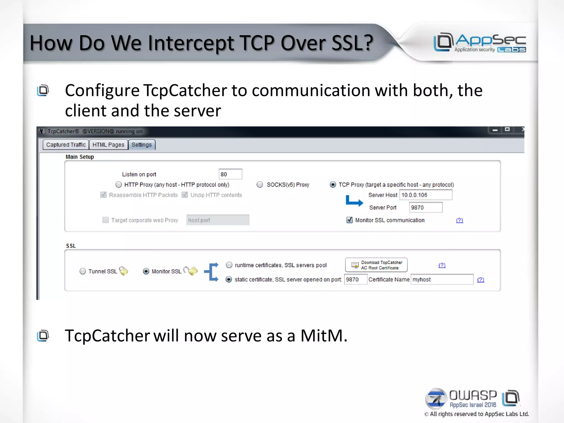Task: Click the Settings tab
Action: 142,145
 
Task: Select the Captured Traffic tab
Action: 66,145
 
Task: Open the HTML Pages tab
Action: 108,145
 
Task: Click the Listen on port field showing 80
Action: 230,174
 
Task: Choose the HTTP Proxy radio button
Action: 119,185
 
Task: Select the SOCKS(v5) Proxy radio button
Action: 260,185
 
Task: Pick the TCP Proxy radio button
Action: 333,185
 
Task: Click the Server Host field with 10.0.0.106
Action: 425,195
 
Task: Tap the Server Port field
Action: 425,208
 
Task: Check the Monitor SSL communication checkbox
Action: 349,220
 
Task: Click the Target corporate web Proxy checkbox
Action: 105,220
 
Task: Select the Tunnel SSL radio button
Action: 83,271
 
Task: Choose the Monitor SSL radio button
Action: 146,271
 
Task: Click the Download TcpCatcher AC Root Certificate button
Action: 376,265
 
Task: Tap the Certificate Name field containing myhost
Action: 442,280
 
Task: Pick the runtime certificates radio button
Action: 229,265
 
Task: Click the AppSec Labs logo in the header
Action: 480,43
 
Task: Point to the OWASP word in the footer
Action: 473,395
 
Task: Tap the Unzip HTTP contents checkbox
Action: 185,195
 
